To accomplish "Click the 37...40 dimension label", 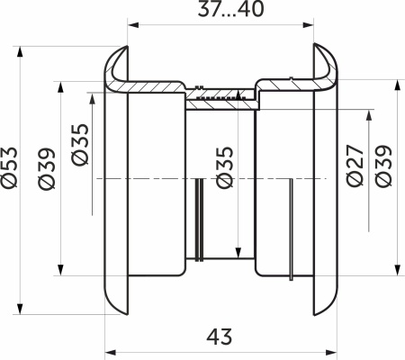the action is [230, 9].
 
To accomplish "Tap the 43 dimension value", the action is [220, 337].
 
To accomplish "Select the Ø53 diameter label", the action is [10, 167].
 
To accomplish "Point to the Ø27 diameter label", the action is [355, 166].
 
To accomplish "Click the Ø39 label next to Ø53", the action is [47, 168].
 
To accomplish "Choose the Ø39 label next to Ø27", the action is [383, 166].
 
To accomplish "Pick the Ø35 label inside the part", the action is [225, 167].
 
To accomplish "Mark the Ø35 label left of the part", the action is [80, 144].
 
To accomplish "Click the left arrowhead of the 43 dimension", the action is [111, 352].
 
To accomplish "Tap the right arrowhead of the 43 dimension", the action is [332, 352].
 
